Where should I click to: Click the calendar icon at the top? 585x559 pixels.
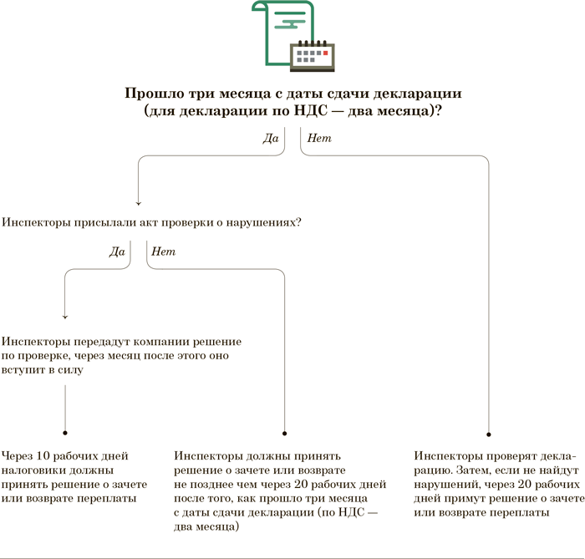click(x=312, y=55)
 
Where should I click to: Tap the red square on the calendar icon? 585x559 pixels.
click(x=327, y=53)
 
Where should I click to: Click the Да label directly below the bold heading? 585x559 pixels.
click(x=270, y=138)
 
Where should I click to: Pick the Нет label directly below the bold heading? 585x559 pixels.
click(x=319, y=138)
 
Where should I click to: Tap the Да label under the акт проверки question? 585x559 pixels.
click(x=117, y=251)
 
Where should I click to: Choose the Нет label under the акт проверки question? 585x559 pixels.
click(x=163, y=251)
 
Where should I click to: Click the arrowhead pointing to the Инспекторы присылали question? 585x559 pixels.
click(x=138, y=202)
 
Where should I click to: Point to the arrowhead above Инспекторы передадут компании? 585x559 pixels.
click(x=65, y=317)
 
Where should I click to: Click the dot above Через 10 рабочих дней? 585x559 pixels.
click(x=65, y=433)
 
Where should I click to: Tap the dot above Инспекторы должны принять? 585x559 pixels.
click(x=286, y=433)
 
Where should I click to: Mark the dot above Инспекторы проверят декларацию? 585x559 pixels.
click(x=489, y=434)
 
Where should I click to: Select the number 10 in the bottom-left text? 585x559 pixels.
click(x=48, y=455)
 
